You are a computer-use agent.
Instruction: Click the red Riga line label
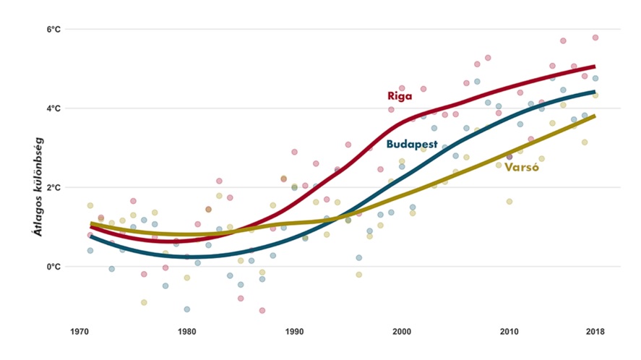click(400, 95)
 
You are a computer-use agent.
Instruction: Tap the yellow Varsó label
click(523, 167)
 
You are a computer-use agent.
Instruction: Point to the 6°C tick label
click(53, 30)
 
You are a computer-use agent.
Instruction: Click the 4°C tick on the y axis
click(53, 108)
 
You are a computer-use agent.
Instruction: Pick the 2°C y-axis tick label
click(53, 187)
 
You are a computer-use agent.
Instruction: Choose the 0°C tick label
click(53, 267)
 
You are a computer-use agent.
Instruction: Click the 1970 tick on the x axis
click(79, 332)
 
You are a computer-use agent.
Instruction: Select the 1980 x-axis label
click(186, 332)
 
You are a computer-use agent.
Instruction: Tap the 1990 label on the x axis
click(294, 332)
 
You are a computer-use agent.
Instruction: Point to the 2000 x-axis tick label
click(402, 332)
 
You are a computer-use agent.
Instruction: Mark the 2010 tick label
click(509, 332)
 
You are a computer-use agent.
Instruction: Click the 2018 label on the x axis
click(595, 332)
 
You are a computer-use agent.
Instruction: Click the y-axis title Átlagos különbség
click(35, 186)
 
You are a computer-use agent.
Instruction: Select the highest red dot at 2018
click(595, 38)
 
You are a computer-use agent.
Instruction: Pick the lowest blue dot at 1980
click(187, 309)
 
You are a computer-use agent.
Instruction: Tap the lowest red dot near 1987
click(262, 311)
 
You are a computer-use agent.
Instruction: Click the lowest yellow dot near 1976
click(144, 303)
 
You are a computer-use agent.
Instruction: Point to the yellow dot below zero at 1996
click(358, 275)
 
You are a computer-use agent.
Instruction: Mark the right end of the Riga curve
click(594, 67)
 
